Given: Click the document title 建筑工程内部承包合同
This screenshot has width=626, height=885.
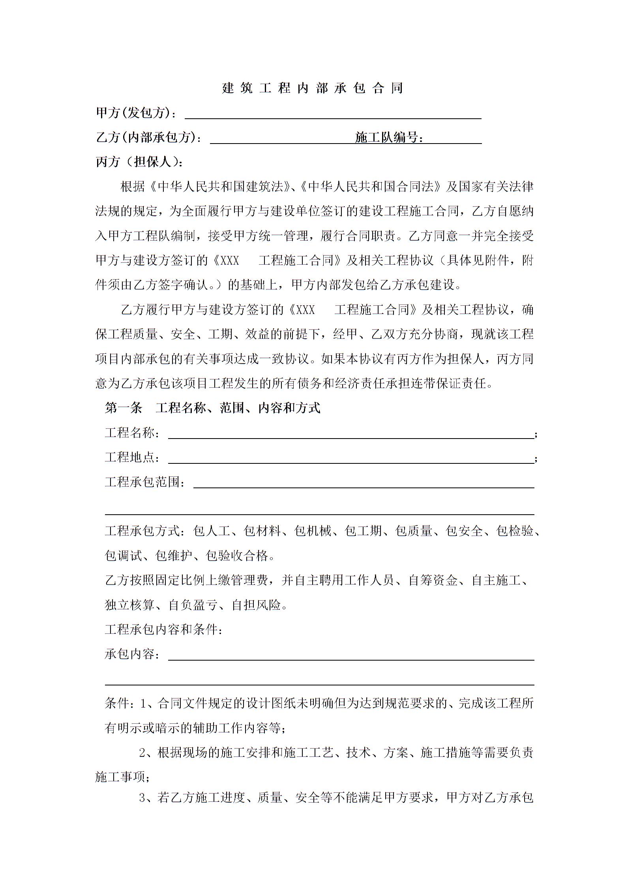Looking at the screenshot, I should pos(313,88).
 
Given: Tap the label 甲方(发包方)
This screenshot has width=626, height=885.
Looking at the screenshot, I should pos(135,113).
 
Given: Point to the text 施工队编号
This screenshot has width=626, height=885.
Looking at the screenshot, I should pos(389,138).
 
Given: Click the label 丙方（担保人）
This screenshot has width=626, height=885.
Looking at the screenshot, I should pos(139,162).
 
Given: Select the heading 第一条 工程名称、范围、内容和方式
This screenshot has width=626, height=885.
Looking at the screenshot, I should pos(212,408).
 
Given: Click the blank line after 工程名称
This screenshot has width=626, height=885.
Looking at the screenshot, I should pos(350,434).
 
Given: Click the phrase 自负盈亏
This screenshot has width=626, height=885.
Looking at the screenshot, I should pos(193,605).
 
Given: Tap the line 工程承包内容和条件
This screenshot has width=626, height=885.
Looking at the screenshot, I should pos(163,629).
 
